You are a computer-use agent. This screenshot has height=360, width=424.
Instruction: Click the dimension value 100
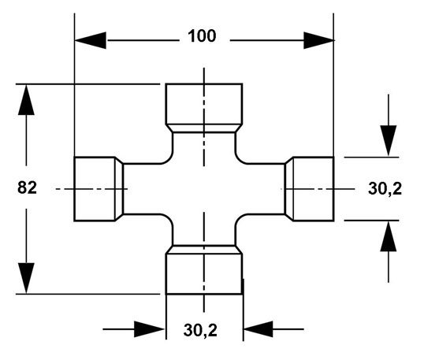point(202,36)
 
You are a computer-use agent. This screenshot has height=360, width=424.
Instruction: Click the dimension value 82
point(27,187)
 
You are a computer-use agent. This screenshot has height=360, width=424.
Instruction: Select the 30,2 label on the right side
point(385,188)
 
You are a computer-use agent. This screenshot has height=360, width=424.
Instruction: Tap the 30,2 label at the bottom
point(200,330)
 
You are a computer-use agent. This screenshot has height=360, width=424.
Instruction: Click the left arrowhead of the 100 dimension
point(91,40)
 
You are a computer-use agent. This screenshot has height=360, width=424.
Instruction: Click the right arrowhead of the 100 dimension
point(318,40)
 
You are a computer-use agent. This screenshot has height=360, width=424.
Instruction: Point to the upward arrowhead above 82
point(26,100)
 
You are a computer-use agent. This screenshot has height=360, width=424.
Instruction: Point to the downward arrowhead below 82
point(26,278)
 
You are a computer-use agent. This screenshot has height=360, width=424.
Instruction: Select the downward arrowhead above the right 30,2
point(389,141)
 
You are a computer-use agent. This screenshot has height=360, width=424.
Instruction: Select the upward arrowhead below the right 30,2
point(389,236)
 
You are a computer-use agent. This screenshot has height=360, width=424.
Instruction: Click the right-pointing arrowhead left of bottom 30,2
point(150,329)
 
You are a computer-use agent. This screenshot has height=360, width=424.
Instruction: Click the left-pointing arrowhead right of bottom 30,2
point(258,329)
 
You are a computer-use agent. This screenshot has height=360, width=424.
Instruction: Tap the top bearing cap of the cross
point(204,104)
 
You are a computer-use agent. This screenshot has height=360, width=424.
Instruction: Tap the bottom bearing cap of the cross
point(204,274)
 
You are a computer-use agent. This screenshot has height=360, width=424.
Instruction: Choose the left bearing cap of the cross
point(95,189)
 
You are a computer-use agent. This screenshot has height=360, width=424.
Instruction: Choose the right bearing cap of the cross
point(314,189)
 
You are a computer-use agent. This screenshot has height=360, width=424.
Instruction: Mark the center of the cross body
point(204,189)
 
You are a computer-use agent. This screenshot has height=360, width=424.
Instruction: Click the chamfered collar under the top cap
point(204,128)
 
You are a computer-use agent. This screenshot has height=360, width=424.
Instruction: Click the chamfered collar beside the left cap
point(120,189)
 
